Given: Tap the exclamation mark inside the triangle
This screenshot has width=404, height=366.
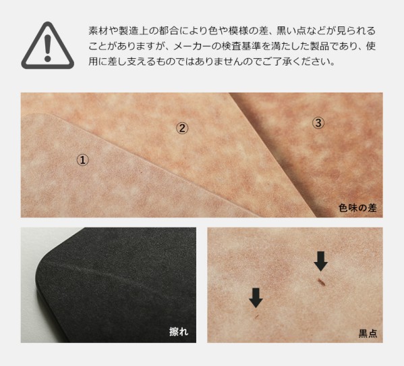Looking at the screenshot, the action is coord(47,48).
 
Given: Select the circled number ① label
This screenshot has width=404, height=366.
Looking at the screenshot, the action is coord(83,160).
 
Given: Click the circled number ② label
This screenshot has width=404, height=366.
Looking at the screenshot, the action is coord(182,128).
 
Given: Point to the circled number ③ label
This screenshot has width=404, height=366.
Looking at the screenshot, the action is coord(318,123).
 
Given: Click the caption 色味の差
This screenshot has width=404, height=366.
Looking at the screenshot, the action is coord(357,208).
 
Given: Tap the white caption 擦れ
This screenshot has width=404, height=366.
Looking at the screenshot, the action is coord(179,332).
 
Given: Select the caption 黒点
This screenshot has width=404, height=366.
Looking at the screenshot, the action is coord(368,333).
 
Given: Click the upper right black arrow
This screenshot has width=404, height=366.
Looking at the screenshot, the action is coord(321,261).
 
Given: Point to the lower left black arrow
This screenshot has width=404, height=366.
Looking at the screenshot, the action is coord(256,298).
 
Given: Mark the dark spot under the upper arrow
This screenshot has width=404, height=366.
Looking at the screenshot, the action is coord(321,282).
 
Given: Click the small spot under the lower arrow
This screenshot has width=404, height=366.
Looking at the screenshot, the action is coord(256,316).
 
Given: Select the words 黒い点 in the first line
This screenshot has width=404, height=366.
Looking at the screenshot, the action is coord(291,30).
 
